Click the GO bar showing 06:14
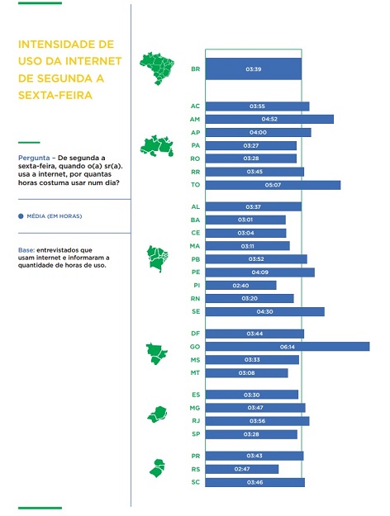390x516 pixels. tap(288, 347)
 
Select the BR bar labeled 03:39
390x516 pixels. tap(254, 69)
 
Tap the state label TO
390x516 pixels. tap(195, 185)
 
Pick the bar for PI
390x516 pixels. tap(240, 286)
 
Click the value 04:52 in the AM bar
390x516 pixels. tap(269, 119)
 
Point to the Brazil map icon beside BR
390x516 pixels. tap(157, 69)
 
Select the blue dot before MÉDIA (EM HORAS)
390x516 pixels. tap(21, 216)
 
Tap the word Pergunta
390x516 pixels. tap(34, 158)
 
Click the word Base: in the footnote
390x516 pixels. tap(26, 250)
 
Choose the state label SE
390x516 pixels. tap(196, 311)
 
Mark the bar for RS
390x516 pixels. tap(242, 469)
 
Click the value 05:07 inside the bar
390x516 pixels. tap(273, 185)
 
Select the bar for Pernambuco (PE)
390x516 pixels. tap(260, 272)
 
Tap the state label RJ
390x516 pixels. tap(196, 421)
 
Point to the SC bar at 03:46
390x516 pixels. tap(255, 482)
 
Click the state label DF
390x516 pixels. tap(195, 334)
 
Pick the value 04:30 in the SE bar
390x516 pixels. tap(265, 311)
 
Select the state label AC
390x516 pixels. tap(195, 106)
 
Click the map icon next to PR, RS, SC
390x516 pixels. tap(158, 468)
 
